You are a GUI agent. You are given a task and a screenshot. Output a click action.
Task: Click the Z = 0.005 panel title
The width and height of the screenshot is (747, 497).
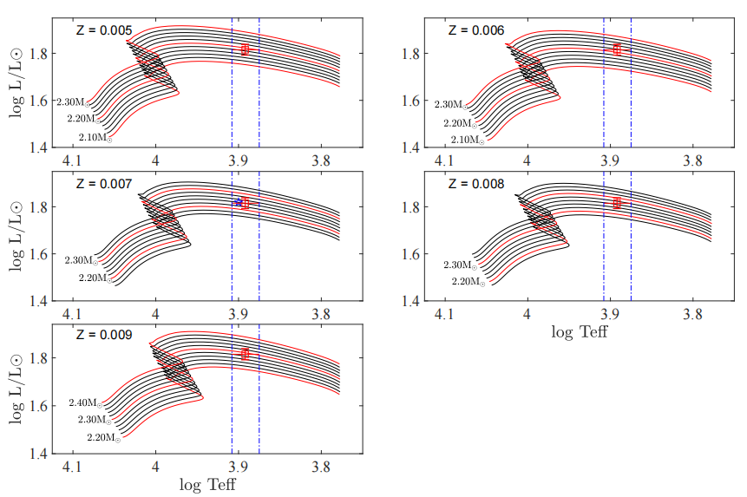point(102,31)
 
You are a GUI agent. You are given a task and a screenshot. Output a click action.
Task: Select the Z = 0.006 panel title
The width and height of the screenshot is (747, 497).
point(475,29)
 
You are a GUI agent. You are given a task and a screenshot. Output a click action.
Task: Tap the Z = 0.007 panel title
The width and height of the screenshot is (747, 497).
point(102,185)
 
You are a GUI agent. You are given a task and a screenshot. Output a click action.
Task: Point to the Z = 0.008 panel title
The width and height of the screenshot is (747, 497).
point(475,184)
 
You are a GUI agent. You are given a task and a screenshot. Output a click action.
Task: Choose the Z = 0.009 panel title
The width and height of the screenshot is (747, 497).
point(102,335)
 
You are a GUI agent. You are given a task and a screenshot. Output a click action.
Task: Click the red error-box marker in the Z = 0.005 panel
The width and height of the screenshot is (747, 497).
point(245,49)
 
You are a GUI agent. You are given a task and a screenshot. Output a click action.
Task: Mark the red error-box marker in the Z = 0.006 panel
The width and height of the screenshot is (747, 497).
point(617,49)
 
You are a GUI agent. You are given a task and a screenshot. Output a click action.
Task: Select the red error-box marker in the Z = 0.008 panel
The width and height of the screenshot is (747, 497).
point(617,203)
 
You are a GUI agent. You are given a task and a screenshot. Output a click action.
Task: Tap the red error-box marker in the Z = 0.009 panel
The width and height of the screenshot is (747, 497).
point(245,354)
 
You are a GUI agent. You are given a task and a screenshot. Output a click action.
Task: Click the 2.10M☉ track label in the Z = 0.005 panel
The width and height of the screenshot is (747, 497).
point(95,138)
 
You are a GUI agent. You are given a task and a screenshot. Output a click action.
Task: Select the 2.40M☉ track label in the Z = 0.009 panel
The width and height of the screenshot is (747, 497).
point(86,403)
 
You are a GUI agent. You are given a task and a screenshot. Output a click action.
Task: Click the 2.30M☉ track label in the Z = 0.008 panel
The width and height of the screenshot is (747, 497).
point(460,265)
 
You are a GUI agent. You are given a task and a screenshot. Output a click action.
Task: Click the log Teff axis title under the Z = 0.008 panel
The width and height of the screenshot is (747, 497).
point(580,331)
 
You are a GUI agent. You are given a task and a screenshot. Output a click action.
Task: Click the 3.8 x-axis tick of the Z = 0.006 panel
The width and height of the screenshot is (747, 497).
point(692,160)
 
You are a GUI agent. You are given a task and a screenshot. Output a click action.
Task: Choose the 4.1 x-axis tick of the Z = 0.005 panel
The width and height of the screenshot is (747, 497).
point(73,161)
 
